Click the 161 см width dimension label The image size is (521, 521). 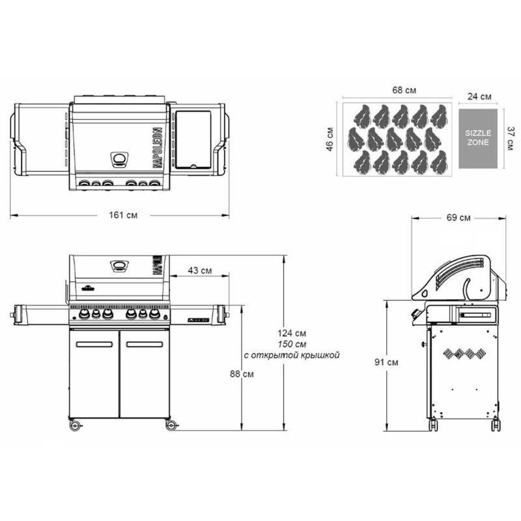[123, 216]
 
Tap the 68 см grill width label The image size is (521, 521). [404, 90]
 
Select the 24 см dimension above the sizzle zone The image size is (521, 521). [479, 96]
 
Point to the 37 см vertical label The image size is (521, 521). [511, 138]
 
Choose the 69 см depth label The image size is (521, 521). [458, 218]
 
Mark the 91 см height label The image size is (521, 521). [386, 362]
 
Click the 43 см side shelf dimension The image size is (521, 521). [200, 270]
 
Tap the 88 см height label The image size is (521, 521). [242, 374]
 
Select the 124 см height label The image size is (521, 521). [292, 333]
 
